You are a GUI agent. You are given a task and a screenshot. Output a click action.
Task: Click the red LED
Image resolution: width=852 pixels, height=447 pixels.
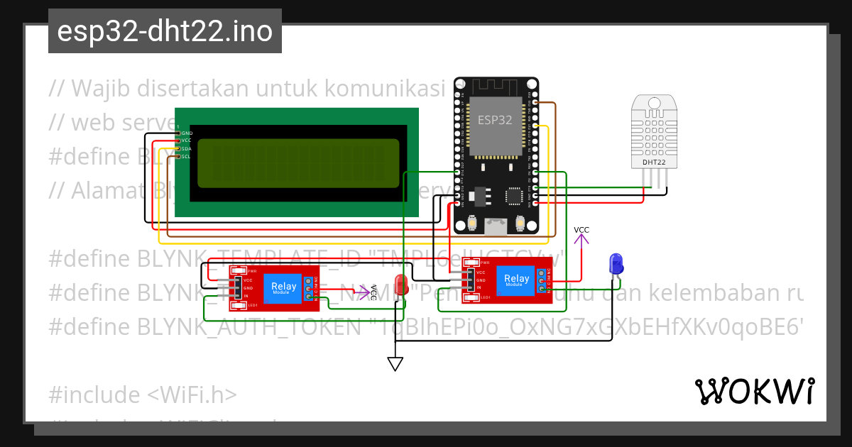tap(402, 285)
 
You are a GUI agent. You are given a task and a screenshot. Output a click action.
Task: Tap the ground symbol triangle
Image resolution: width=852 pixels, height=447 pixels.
tap(395, 364)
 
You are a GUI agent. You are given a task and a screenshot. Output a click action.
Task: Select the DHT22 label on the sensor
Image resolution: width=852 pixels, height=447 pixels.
tap(654, 162)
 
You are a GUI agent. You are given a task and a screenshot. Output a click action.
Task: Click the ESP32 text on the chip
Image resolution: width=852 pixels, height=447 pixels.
tap(495, 120)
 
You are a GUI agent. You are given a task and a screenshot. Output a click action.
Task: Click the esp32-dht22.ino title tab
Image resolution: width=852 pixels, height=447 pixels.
tap(165, 32)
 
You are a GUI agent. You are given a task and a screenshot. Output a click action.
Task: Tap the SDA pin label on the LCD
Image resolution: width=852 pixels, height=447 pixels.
tap(186, 148)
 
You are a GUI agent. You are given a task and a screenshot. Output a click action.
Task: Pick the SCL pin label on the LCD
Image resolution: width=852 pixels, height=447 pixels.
tap(186, 156)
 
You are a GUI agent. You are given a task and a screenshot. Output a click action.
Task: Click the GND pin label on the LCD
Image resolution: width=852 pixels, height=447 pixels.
tap(187, 133)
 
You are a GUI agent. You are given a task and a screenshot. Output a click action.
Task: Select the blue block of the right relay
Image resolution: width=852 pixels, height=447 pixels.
tap(515, 279)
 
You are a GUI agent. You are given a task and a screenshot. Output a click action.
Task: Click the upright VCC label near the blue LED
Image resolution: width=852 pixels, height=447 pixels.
tap(581, 230)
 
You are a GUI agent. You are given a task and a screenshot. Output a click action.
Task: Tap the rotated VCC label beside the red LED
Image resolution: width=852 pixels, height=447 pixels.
tap(373, 292)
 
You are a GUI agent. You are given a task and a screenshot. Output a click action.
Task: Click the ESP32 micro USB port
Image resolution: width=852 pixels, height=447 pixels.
tap(496, 226)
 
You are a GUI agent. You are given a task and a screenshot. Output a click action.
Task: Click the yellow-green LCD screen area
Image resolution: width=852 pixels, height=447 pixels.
tap(298, 163)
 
